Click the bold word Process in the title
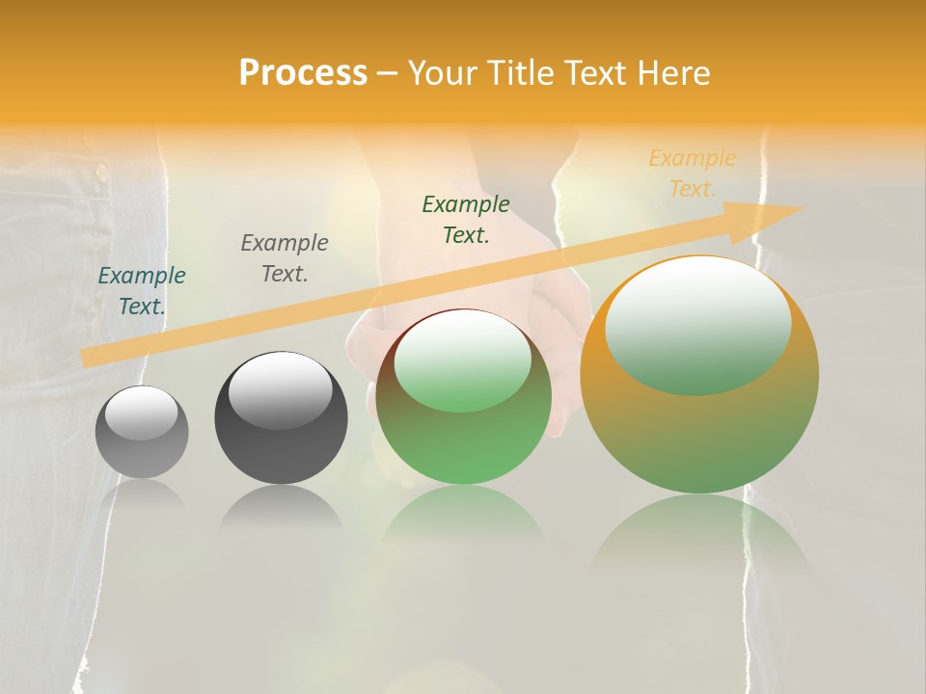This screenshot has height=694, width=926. pyautogui.click(x=303, y=73)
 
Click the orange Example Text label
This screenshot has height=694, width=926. pyautogui.click(x=692, y=173)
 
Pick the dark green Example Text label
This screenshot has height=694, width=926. pyautogui.click(x=466, y=219)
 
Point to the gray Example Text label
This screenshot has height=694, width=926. pyautogui.click(x=285, y=257)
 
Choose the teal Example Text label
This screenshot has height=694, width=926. pyautogui.click(x=142, y=290)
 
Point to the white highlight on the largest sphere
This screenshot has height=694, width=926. pyautogui.click(x=697, y=323)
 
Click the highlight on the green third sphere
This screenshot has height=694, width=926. pyautogui.click(x=463, y=360)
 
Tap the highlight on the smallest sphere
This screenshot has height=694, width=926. pyautogui.click(x=142, y=414)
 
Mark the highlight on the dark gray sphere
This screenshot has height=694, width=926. pyautogui.click(x=280, y=389)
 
